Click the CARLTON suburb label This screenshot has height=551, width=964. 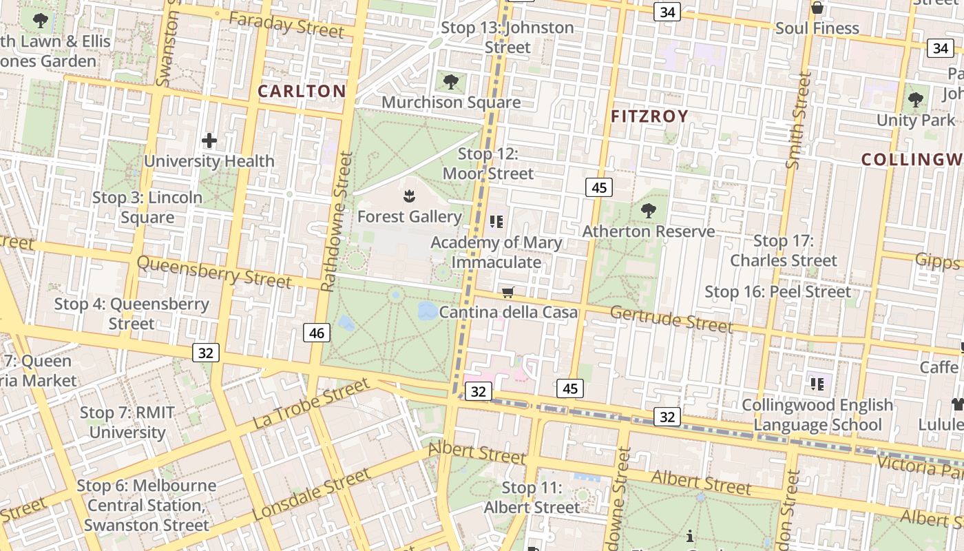coord(302,91)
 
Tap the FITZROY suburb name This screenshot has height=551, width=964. coord(649,116)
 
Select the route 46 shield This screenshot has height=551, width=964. coord(317,333)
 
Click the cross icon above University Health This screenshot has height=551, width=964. coord(209,141)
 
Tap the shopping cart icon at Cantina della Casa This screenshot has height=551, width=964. coord(508,293)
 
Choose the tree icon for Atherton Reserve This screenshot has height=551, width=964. coord(648,211)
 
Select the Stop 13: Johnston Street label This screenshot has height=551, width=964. coord(507,37)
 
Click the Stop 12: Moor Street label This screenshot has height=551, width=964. coord(488,164)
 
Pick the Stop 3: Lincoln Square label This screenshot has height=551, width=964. coord(147,207)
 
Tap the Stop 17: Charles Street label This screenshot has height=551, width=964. coord(784,251)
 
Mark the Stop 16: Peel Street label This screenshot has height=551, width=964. coord(777,291)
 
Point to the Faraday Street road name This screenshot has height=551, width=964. coord(286,25)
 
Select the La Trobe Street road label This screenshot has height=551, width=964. coord(311,404)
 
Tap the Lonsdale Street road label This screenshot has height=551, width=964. coord(311,495)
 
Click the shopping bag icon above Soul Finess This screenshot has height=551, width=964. coord(817,8)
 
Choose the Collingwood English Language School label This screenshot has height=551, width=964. coord(817,415)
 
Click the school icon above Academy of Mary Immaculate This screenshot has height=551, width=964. coord(496,222)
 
